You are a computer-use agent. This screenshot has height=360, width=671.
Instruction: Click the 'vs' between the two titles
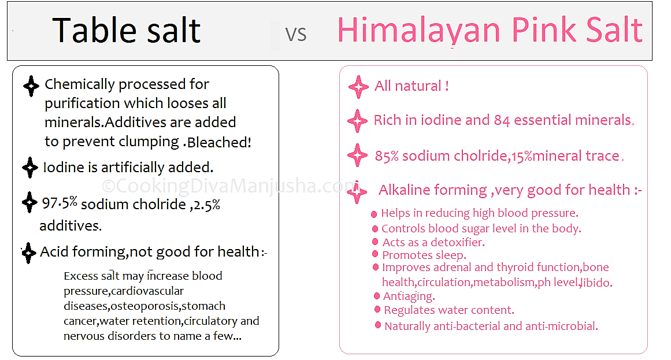(296, 34)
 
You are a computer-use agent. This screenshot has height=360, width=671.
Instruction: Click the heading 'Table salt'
(127, 31)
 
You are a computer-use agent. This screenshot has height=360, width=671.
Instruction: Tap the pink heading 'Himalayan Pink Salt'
(490, 30)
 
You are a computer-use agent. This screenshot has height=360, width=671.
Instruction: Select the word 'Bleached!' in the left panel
(219, 142)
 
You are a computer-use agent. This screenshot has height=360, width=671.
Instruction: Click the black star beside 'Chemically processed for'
(31, 86)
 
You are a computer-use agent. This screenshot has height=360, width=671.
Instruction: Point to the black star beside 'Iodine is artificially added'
(29, 168)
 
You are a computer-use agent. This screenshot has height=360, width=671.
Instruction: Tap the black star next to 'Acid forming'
(28, 253)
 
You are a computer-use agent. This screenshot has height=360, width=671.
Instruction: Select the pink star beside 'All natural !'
(358, 87)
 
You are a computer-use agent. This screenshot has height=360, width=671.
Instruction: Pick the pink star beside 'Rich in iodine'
(357, 121)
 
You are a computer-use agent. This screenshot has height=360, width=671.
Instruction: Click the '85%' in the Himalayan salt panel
(387, 156)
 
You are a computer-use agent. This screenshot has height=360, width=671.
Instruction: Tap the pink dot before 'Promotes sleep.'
(376, 255)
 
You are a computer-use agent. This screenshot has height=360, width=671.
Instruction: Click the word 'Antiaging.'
(409, 296)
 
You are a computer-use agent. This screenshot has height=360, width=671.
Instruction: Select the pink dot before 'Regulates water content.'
(378, 310)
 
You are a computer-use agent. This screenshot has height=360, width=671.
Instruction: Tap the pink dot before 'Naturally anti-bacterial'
(379, 326)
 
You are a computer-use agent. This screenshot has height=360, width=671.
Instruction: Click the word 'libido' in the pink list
(596, 283)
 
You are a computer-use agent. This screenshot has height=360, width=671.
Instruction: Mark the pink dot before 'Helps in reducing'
(375, 214)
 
